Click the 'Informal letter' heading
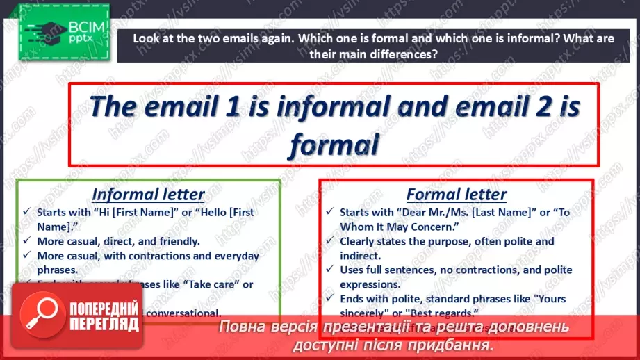[148, 194]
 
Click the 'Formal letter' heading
[456, 194]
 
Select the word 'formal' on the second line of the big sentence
[334, 145]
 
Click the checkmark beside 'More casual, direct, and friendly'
[26, 241]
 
